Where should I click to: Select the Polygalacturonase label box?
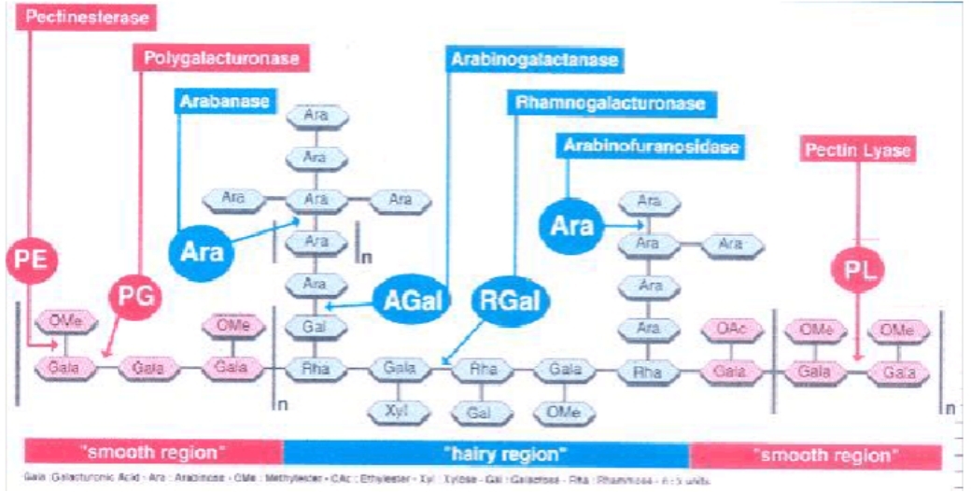pyautogui.click(x=221, y=58)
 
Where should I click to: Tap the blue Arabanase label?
pyautogui.click(x=224, y=100)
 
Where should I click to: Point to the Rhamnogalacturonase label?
pyautogui.click(x=606, y=102)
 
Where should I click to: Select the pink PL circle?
pyautogui.click(x=857, y=270)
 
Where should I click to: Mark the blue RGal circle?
pyautogui.click(x=511, y=302)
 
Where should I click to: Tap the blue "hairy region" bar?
pyautogui.click(x=485, y=455)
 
